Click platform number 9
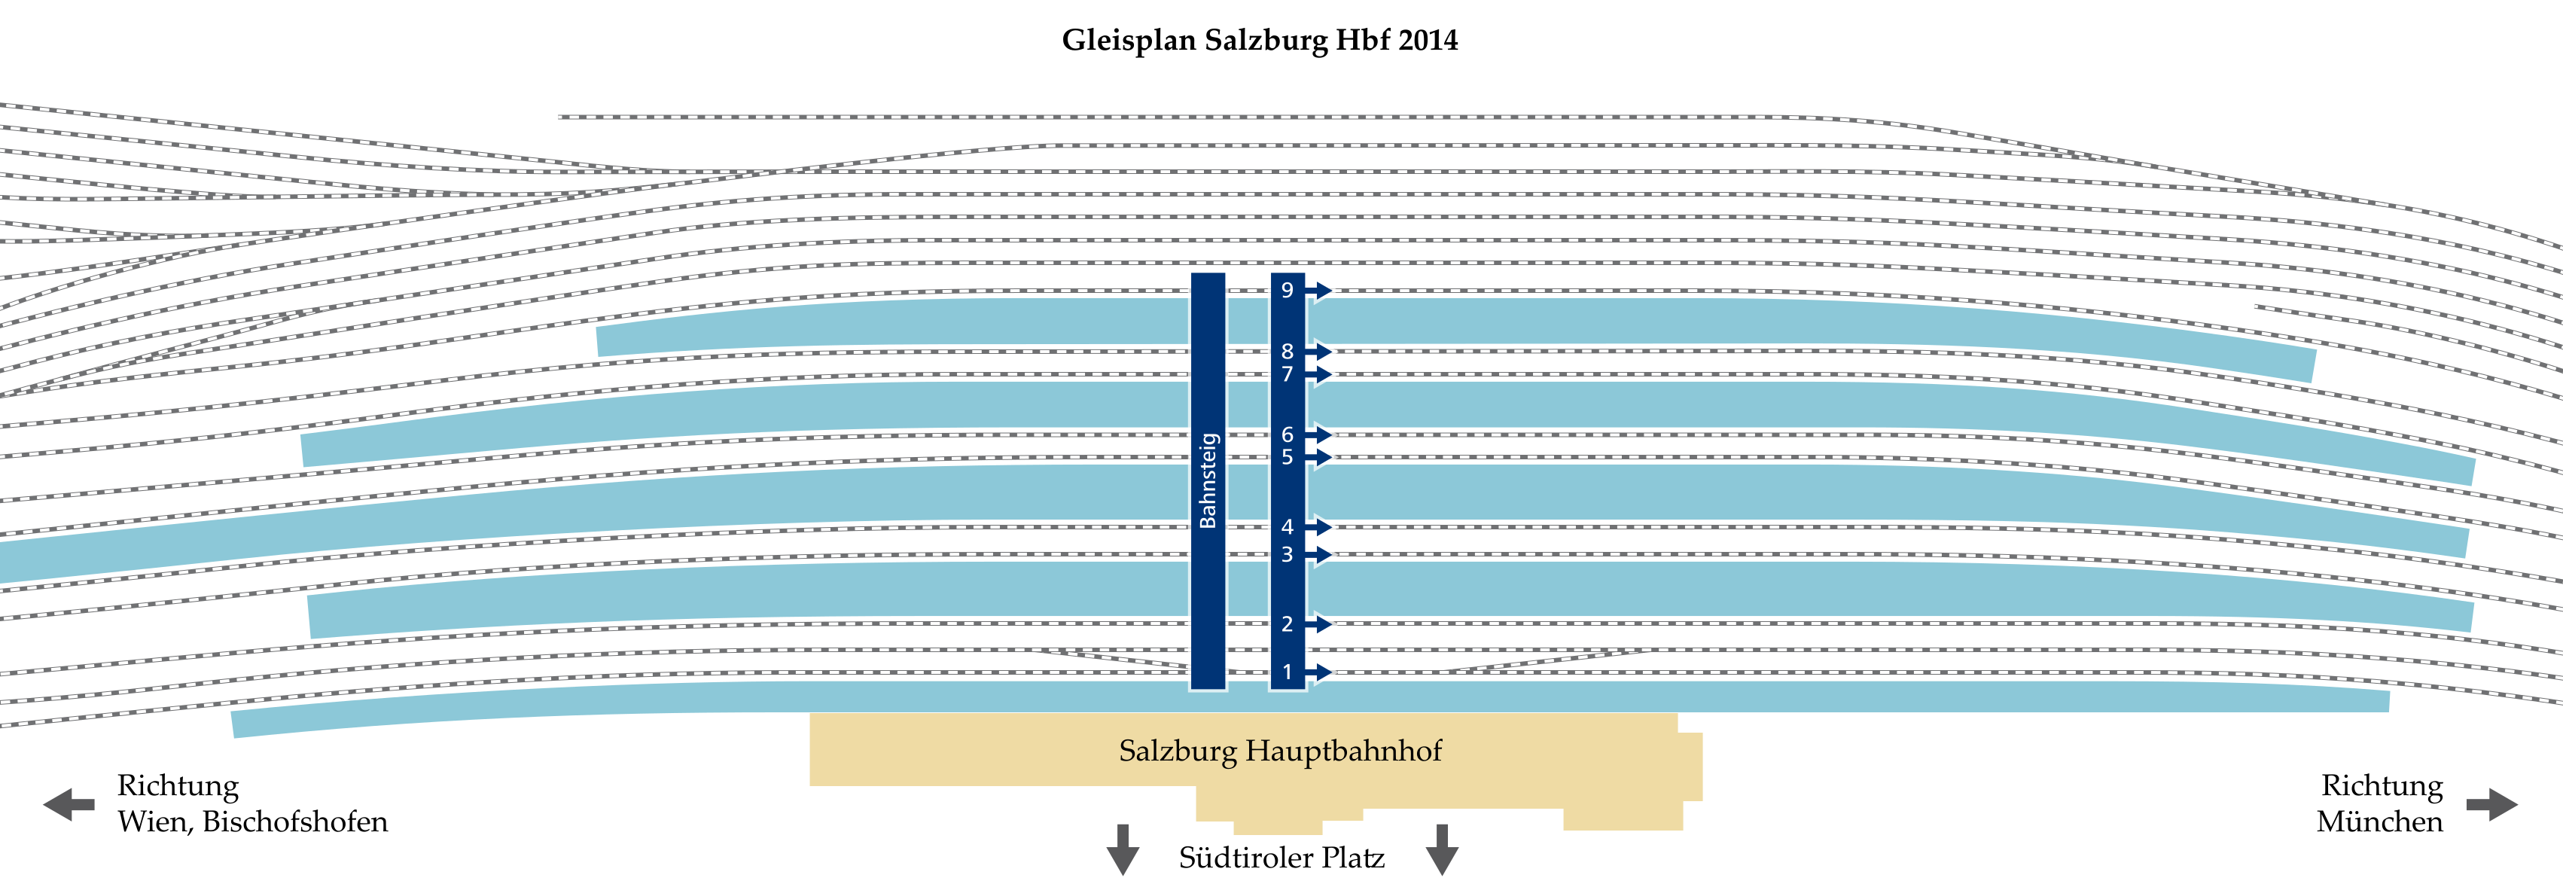point(1287,290)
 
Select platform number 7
point(1287,374)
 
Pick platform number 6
point(1287,434)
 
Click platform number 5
point(1287,457)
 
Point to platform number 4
point(1287,526)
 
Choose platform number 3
point(1287,554)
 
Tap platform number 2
point(1287,624)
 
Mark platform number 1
point(1287,672)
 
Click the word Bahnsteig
point(1208,480)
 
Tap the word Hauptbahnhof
point(1343,751)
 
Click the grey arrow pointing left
point(68,804)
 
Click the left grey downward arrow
point(1123,849)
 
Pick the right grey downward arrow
point(1442,849)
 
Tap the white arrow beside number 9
point(1321,290)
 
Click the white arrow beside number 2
point(1321,624)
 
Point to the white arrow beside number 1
point(1321,672)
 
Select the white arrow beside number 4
point(1321,526)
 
